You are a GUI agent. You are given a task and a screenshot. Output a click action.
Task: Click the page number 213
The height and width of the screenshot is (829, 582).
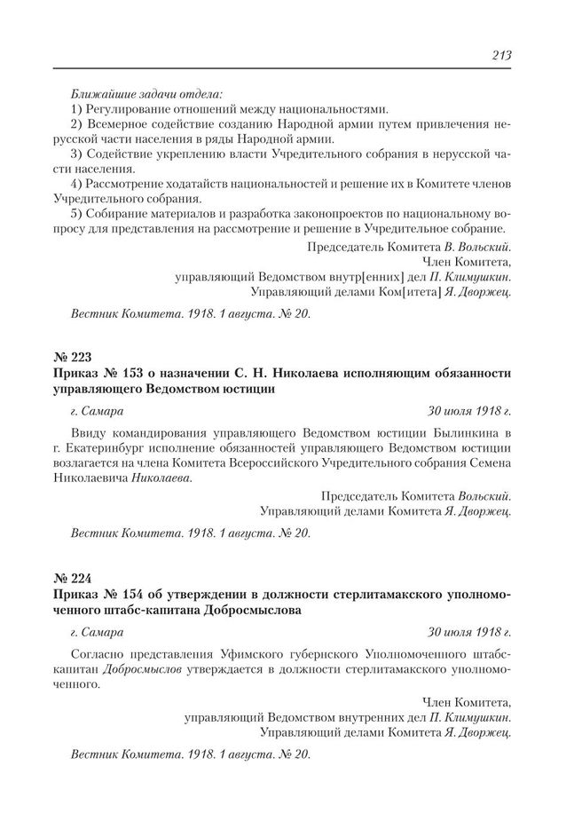[x=502, y=56]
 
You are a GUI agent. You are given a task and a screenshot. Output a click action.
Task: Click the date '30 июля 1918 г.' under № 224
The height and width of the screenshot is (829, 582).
[x=468, y=632]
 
